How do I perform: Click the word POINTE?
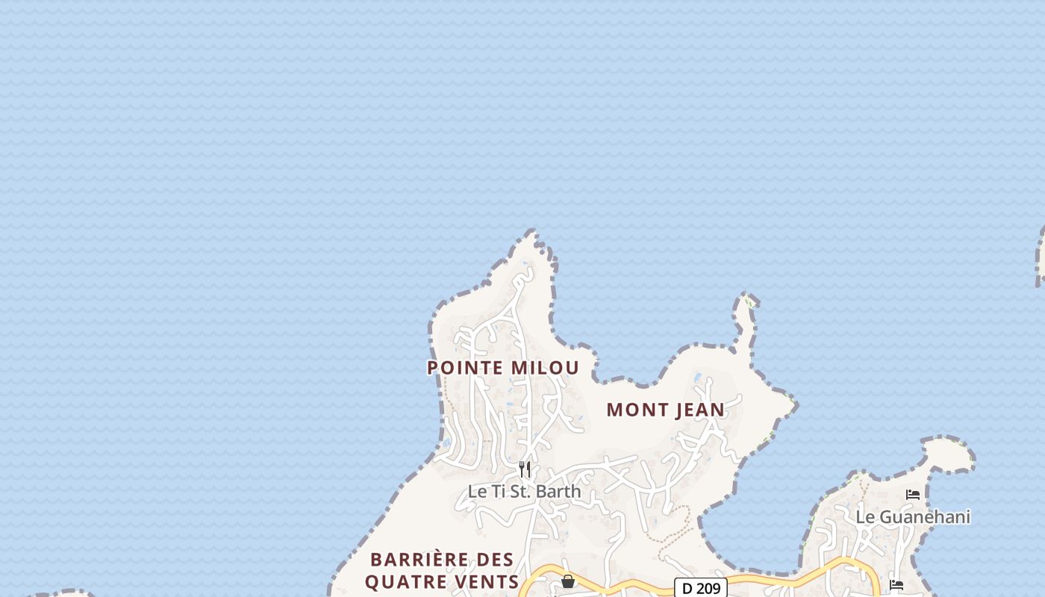(x=466, y=368)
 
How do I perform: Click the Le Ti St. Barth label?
(x=524, y=491)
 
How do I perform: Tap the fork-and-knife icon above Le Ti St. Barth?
(x=525, y=469)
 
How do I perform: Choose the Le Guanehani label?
(x=913, y=516)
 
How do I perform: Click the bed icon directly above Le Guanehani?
(x=913, y=494)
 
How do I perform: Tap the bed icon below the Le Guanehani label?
(x=896, y=584)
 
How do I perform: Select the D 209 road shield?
(x=700, y=588)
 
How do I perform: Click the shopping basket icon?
(x=568, y=581)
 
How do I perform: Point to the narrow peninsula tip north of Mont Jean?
(x=747, y=300)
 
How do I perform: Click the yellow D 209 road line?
(x=791, y=575)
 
